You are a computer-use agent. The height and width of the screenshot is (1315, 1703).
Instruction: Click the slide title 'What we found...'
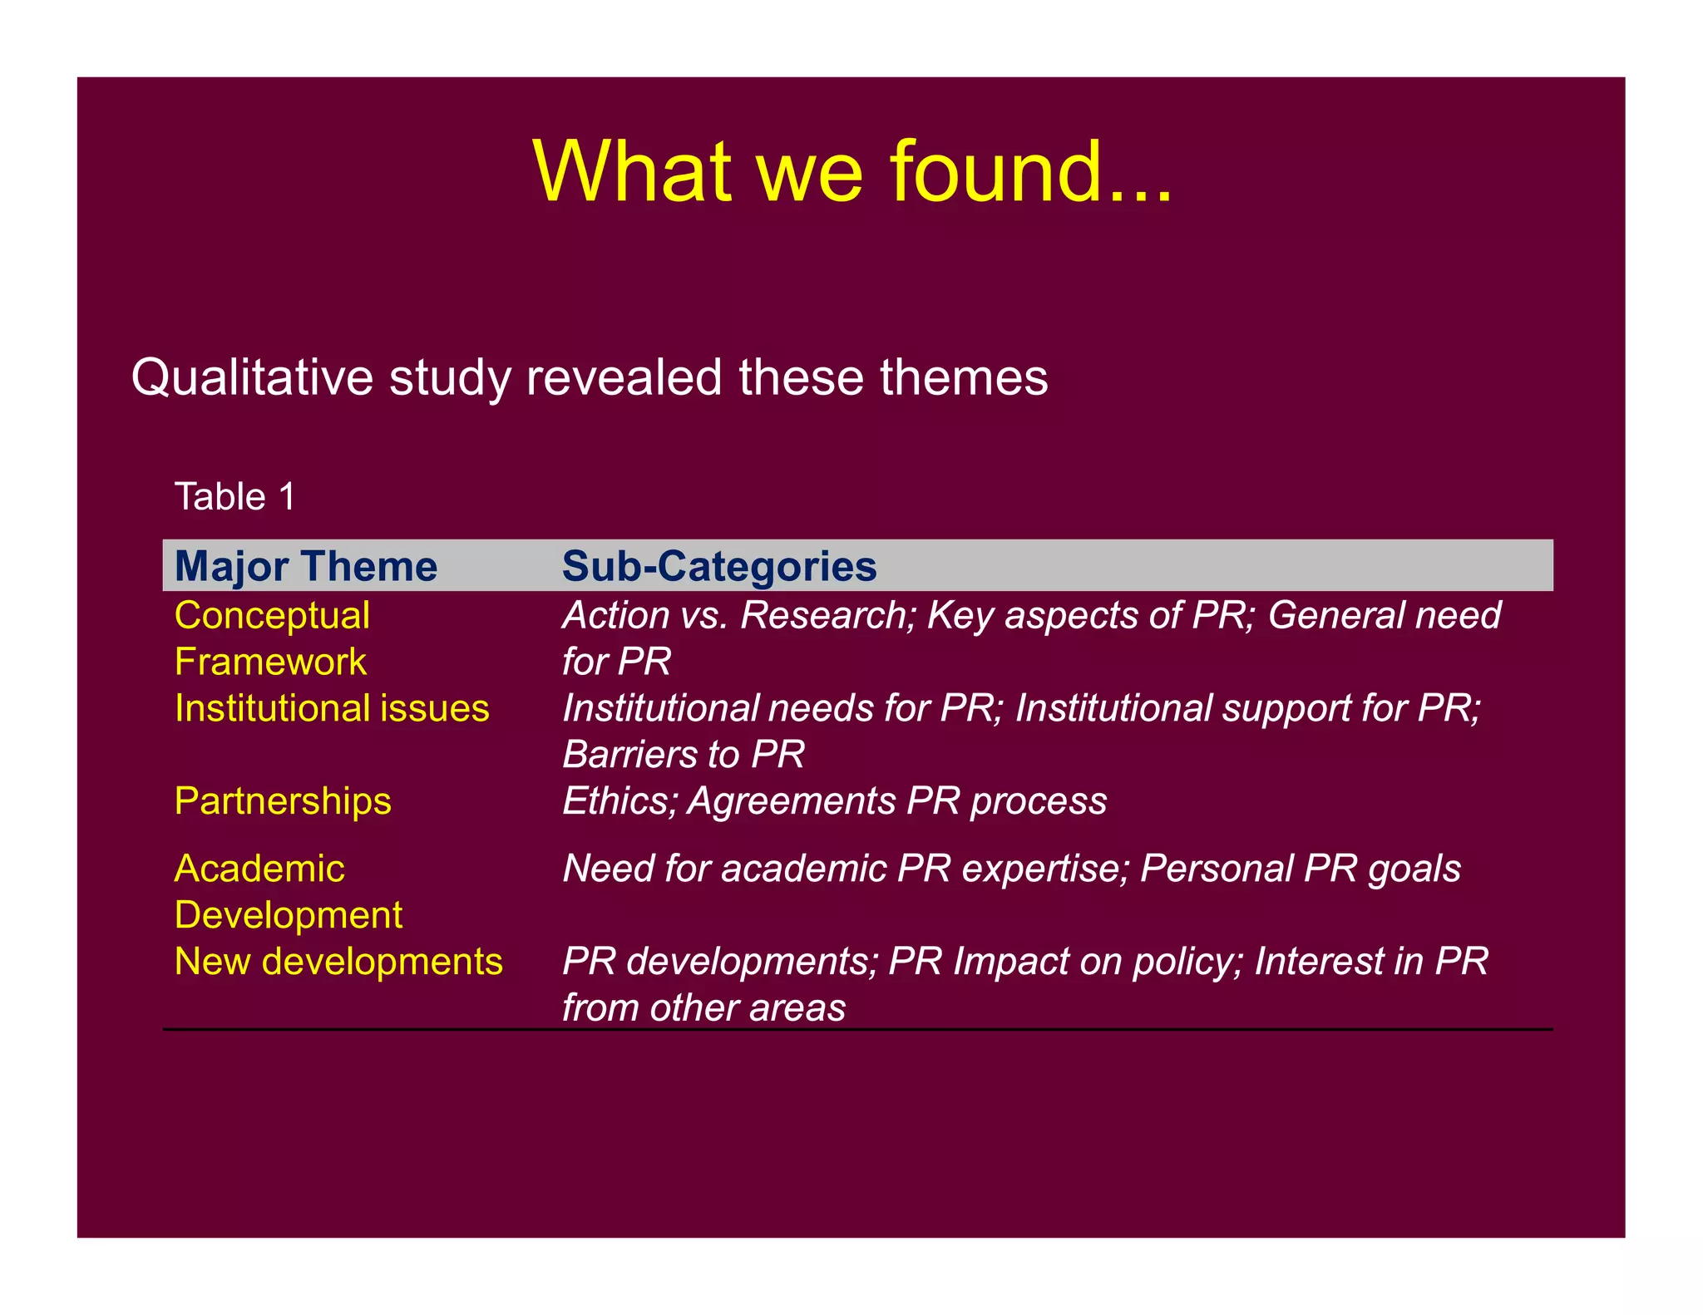coord(851,171)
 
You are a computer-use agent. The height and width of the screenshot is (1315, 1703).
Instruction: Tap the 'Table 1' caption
coord(234,497)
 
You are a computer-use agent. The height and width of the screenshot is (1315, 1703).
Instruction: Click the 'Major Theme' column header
coord(306,567)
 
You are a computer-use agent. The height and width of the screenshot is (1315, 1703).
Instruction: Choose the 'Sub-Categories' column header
coord(719,567)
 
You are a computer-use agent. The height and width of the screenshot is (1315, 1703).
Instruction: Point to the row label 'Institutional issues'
coord(332,709)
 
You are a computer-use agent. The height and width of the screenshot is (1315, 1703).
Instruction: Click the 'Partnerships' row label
coord(283,801)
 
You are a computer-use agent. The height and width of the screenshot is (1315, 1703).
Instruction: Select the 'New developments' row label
coord(338,962)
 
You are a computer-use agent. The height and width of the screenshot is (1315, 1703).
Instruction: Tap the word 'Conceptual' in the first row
coord(272,616)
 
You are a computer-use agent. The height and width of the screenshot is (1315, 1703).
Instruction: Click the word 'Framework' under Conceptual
coord(270,662)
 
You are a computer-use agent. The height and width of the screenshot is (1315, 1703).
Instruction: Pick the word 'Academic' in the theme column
coord(259,869)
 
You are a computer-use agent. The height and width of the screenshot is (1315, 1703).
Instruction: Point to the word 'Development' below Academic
coord(289,915)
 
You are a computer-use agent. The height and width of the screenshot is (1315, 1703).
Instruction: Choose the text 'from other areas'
coord(703,1008)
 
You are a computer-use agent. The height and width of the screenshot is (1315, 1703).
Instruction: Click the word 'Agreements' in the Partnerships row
coord(792,801)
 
